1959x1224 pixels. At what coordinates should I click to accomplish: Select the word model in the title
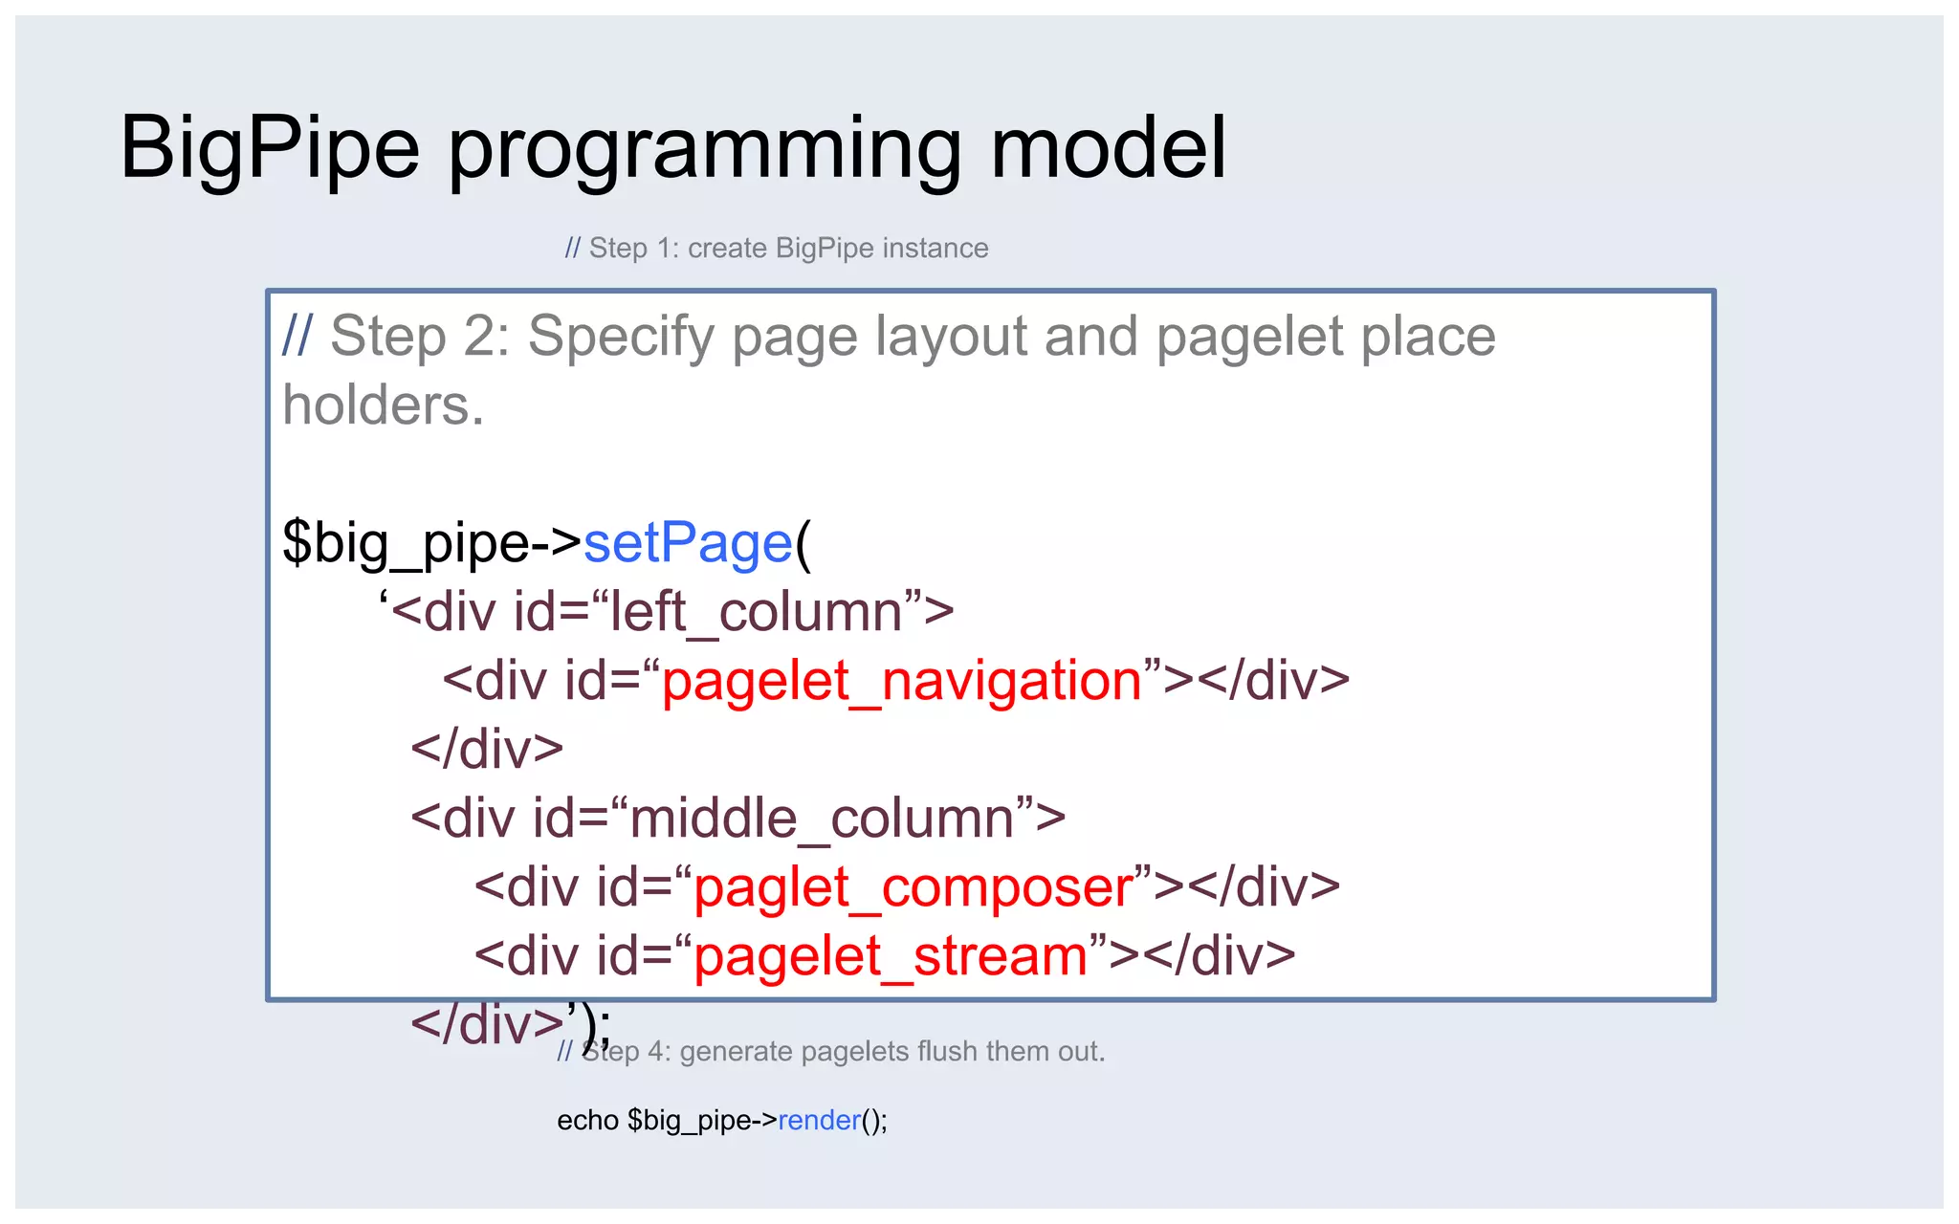[x=1108, y=149]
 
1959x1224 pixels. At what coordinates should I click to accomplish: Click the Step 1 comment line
[x=776, y=249]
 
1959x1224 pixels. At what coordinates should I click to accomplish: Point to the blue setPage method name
[x=688, y=543]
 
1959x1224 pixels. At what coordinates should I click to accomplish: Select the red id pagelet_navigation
[x=902, y=681]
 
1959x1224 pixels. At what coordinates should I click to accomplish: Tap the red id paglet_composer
[x=913, y=887]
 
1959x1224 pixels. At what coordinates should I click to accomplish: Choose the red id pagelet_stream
[x=891, y=956]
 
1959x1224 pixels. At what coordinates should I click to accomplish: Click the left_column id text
[x=757, y=612]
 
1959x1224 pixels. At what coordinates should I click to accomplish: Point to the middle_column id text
[x=822, y=819]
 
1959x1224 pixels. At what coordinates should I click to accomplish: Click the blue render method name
[x=819, y=1120]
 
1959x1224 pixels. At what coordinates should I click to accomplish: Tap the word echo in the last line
[x=587, y=1120]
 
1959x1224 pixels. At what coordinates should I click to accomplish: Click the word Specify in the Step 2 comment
[x=621, y=337]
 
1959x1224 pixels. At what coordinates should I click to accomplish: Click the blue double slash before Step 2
[x=297, y=337]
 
